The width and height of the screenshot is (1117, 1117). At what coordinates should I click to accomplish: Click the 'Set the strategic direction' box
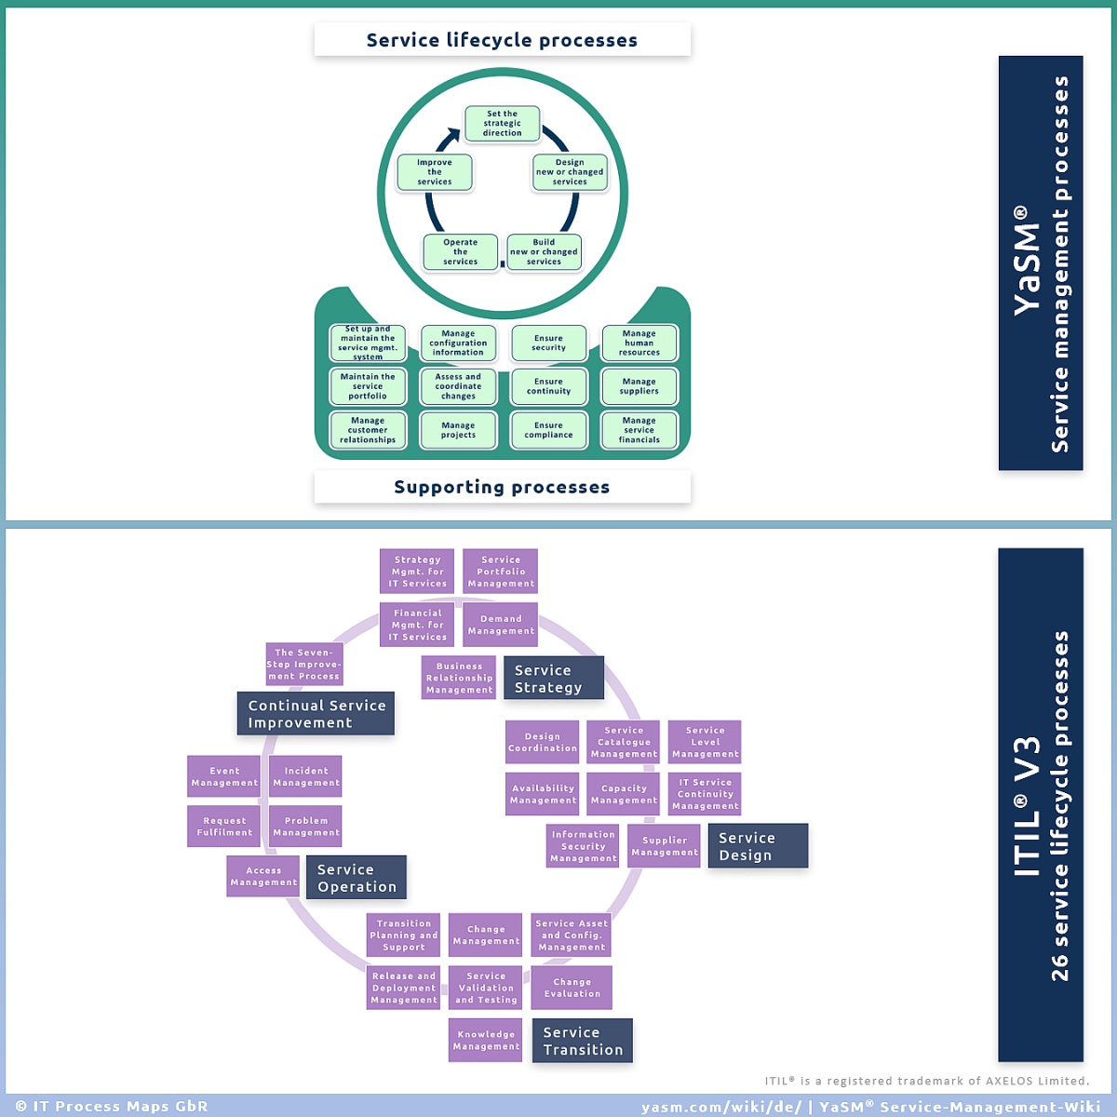click(x=502, y=124)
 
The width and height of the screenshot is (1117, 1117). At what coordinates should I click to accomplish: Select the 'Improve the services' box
click(x=434, y=172)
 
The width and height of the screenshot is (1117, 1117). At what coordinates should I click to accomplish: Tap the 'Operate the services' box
click(x=460, y=252)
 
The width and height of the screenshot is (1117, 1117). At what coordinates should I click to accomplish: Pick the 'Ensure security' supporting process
click(x=548, y=343)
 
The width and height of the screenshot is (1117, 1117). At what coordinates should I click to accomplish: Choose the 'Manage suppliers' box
click(x=639, y=386)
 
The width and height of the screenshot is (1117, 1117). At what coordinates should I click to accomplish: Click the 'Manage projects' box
click(x=458, y=430)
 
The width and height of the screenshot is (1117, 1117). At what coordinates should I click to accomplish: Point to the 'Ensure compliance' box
click(x=548, y=430)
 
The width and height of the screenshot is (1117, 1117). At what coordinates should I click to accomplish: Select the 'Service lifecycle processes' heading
click(x=502, y=40)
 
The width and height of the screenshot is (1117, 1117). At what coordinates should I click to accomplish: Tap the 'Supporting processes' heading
click(x=502, y=487)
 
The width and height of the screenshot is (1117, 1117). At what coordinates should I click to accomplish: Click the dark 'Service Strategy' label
click(x=554, y=679)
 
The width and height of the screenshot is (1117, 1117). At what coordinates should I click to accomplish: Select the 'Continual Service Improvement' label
click(x=316, y=714)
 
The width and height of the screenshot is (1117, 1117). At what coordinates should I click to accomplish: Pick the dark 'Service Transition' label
click(x=582, y=1041)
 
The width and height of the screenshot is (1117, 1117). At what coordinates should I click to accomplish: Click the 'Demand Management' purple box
click(x=500, y=625)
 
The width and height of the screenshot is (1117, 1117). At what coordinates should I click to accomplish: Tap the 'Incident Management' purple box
click(x=305, y=776)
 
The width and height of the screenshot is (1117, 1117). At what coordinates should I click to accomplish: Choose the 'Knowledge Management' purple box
click(x=485, y=1041)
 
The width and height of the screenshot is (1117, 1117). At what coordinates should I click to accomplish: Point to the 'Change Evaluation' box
click(x=572, y=988)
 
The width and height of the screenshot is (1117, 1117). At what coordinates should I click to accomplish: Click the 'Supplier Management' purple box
click(x=664, y=846)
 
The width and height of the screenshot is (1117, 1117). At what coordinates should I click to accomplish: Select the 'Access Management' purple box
click(x=263, y=877)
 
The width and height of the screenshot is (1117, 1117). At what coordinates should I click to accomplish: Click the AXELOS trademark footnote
click(x=927, y=1081)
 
